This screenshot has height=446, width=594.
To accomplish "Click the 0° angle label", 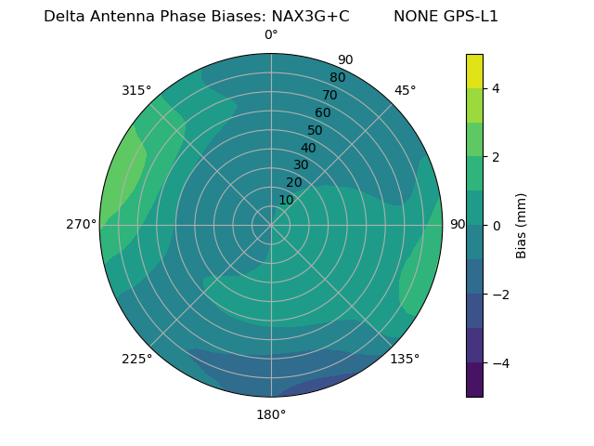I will click(x=271, y=35).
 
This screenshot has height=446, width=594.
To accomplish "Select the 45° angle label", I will click(x=405, y=90).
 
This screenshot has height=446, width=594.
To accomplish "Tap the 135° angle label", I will click(x=405, y=359).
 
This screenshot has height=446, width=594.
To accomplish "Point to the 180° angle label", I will click(x=271, y=414).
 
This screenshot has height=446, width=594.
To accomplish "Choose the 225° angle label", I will click(x=136, y=359).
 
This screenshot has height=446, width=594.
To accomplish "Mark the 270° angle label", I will click(x=82, y=224).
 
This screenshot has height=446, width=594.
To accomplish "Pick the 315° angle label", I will click(x=136, y=90).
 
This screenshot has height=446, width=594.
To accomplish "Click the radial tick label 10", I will click(x=286, y=200).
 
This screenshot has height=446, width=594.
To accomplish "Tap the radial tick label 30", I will click(x=301, y=165).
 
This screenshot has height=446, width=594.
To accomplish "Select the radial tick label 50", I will click(x=316, y=131).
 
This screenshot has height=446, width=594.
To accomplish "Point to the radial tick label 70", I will click(x=329, y=96).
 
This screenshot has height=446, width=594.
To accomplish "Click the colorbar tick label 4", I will click(x=496, y=88).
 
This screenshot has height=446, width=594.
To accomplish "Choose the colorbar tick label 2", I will click(x=496, y=157).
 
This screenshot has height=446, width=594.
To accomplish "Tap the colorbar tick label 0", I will click(x=496, y=226).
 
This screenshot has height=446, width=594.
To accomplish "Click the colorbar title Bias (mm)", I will click(x=522, y=226).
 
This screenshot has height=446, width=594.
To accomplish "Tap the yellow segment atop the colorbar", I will click(x=474, y=71).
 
